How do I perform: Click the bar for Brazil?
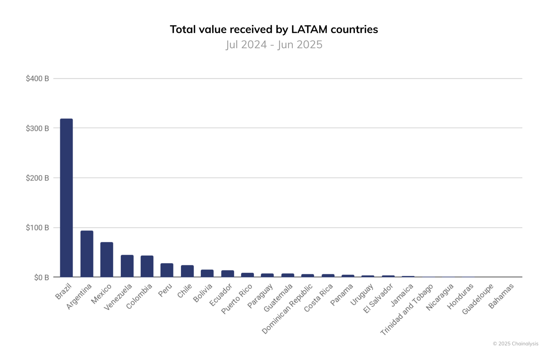click(66, 198)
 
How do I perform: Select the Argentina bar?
click(87, 254)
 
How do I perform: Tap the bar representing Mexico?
click(107, 259)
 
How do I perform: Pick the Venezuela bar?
click(127, 266)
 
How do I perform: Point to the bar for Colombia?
click(147, 266)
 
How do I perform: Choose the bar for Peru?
click(167, 270)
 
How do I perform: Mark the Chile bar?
click(187, 271)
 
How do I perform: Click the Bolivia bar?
click(207, 273)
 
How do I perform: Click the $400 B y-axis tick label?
click(37, 78)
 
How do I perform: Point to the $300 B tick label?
click(37, 128)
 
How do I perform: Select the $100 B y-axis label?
click(37, 228)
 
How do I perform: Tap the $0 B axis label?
click(41, 278)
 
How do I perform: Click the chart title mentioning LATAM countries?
click(274, 29)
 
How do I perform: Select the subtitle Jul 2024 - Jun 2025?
click(274, 45)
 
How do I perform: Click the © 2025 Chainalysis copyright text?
click(515, 344)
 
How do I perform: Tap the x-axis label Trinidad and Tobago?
click(407, 309)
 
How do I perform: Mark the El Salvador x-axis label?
click(379, 299)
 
